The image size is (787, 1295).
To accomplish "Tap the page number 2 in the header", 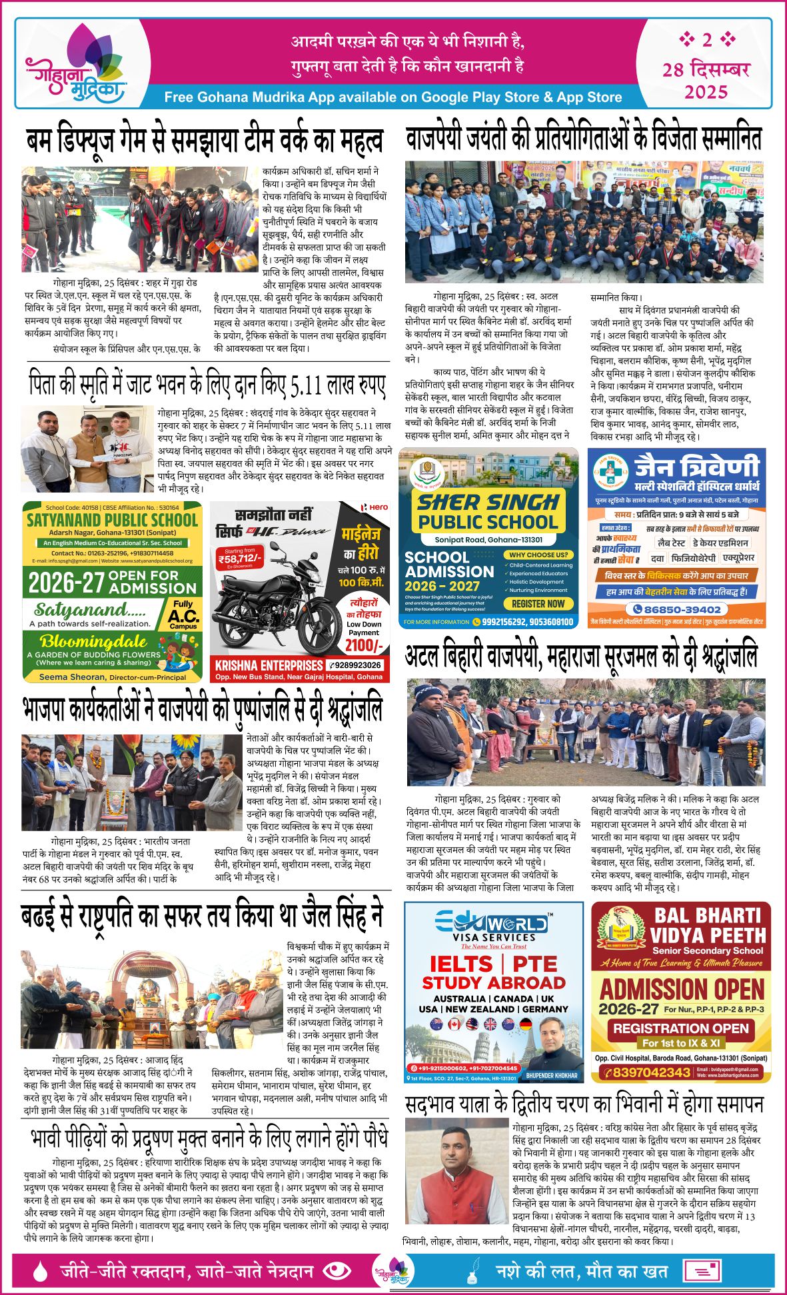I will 706,40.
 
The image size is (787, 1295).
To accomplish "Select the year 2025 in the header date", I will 706,91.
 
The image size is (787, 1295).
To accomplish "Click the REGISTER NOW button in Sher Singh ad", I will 538,604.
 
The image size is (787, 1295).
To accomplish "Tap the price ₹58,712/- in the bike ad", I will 240,558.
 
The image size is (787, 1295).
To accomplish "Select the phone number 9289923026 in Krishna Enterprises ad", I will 357,665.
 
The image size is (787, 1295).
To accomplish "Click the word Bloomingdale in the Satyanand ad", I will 93,641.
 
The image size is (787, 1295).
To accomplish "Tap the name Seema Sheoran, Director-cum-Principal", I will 112,676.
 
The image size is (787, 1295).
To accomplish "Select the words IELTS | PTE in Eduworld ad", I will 493,964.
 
